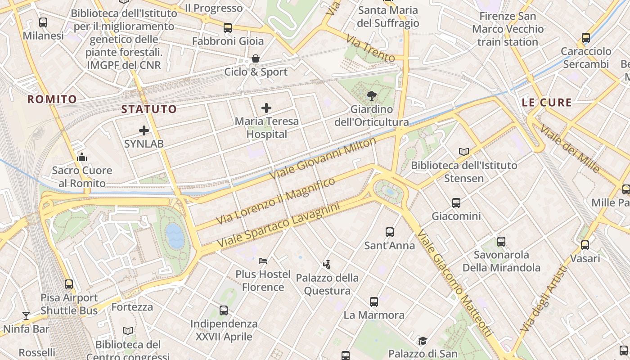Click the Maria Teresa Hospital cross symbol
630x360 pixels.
[266, 108]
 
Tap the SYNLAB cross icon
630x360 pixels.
[144, 131]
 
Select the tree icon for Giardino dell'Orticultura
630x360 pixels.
[372, 95]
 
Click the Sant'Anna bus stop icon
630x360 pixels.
[390, 232]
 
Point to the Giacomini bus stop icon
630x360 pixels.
[456, 203]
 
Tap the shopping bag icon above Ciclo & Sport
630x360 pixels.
[256, 58]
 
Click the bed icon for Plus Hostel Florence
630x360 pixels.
[263, 261]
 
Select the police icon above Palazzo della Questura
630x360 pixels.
[327, 264]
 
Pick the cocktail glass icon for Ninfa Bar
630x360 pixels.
[26, 316]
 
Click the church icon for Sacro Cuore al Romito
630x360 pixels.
[82, 157]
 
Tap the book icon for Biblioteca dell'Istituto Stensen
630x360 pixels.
[464, 152]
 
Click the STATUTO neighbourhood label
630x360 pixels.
[149, 109]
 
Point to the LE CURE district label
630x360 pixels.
[547, 103]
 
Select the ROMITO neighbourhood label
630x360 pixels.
[52, 99]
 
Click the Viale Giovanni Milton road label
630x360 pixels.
[323, 158]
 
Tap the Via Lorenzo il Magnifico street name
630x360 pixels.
[276, 201]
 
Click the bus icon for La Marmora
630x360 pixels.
[374, 302]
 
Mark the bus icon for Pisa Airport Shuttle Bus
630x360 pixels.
[69, 284]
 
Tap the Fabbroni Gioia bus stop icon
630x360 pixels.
[228, 28]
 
